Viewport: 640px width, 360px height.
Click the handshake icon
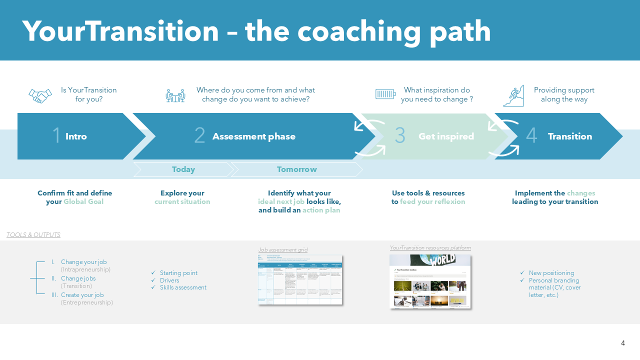40,95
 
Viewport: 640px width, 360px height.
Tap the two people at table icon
175,95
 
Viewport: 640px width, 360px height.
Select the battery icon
385,94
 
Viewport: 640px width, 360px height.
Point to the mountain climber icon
513,95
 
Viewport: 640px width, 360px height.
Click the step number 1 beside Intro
56,136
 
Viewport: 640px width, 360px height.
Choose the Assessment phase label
253,136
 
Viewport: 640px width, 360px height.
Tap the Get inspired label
446,136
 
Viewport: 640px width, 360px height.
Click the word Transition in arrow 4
569,136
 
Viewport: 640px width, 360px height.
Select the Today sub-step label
183,169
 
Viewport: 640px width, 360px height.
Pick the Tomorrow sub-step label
296,169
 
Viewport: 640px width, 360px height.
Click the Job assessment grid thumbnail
299,279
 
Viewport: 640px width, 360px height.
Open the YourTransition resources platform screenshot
430,281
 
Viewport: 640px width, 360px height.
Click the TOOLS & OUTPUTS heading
33,235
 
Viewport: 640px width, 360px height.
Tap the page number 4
623,343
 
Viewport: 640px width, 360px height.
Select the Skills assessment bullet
183,287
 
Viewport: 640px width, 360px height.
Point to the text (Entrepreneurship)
87,302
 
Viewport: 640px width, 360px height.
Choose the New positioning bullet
551,273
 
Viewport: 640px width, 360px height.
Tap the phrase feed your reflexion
432,202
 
